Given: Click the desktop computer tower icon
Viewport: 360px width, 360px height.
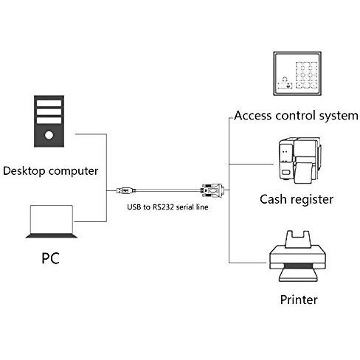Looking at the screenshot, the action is pyautogui.click(x=49, y=121).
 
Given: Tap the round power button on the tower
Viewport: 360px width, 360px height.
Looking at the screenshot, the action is pyautogui.click(x=49, y=135).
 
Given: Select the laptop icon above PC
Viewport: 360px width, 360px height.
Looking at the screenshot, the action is pyautogui.click(x=52, y=221).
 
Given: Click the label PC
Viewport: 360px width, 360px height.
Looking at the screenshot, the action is pyautogui.click(x=50, y=258).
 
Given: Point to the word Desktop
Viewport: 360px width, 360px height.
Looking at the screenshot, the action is pyautogui.click(x=24, y=171).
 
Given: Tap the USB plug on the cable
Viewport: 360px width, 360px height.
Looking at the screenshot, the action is pyautogui.click(x=126, y=190).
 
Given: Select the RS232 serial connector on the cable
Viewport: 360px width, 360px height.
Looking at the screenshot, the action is pyautogui.click(x=212, y=190).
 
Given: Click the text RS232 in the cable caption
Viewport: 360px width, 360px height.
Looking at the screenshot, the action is pyautogui.click(x=163, y=207).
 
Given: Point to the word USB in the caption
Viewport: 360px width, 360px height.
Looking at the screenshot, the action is pyautogui.click(x=134, y=207).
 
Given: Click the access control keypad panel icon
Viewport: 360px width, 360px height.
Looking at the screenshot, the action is pyautogui.click(x=297, y=74).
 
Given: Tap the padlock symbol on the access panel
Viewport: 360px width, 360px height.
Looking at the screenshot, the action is pyautogui.click(x=285, y=80).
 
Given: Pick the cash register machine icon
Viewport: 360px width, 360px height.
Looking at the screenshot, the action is pyautogui.click(x=300, y=161).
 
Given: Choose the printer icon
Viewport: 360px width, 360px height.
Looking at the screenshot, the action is pyautogui.click(x=297, y=256).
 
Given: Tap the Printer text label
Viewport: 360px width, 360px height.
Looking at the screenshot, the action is pyautogui.click(x=299, y=300).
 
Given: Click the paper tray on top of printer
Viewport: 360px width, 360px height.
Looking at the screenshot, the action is pyautogui.click(x=298, y=239).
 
